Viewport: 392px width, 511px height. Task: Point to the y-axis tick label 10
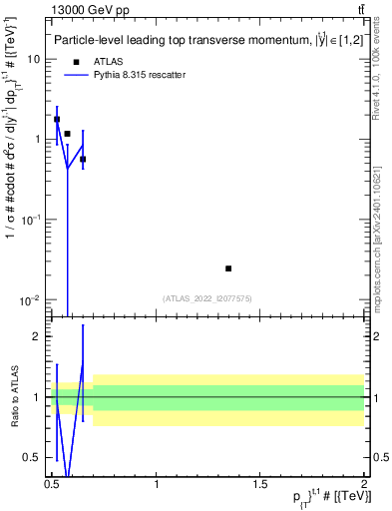[x=34, y=59]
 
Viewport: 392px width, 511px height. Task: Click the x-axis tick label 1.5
[x=259, y=483]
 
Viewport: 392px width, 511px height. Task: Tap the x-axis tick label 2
[x=363, y=483]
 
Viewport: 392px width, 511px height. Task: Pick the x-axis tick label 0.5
[x=52, y=483]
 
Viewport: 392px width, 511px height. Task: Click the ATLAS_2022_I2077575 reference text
[x=207, y=297]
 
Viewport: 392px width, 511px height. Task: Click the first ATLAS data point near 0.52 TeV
[x=57, y=119]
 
